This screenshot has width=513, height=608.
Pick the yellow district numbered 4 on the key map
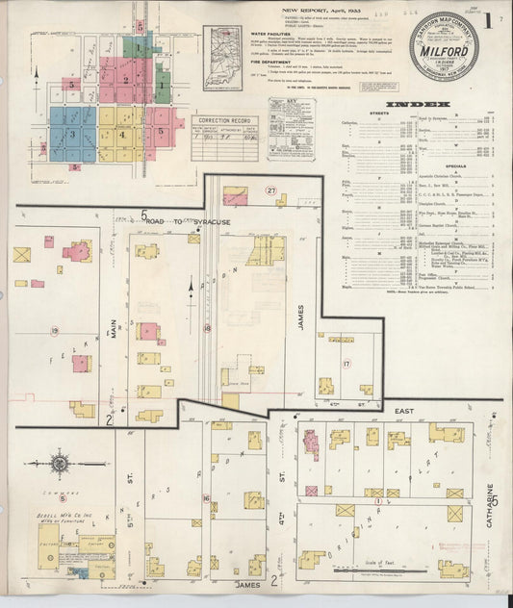pyautogui.click(x=121, y=134)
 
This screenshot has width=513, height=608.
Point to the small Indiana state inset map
pyautogui.click(x=227, y=44)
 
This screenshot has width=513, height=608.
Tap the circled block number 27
pyautogui.click(x=271, y=190)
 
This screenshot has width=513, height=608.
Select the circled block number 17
pyautogui.click(x=346, y=365)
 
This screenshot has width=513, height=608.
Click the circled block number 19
pyautogui.click(x=55, y=331)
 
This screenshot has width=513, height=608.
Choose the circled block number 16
pyautogui.click(x=206, y=498)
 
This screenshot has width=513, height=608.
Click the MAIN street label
pyautogui.click(x=113, y=328)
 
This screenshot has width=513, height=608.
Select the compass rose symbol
pyautogui.click(x=60, y=464)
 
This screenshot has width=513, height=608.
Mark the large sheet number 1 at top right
pyautogui.click(x=489, y=18)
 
